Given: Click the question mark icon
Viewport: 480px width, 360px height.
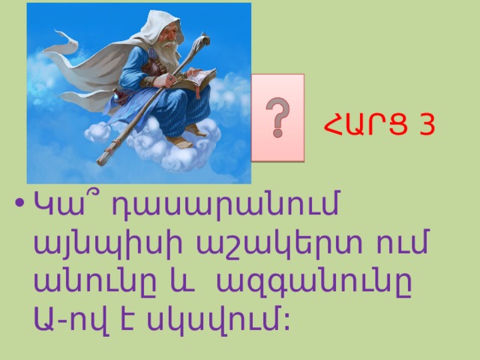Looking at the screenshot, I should coord(277,118).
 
